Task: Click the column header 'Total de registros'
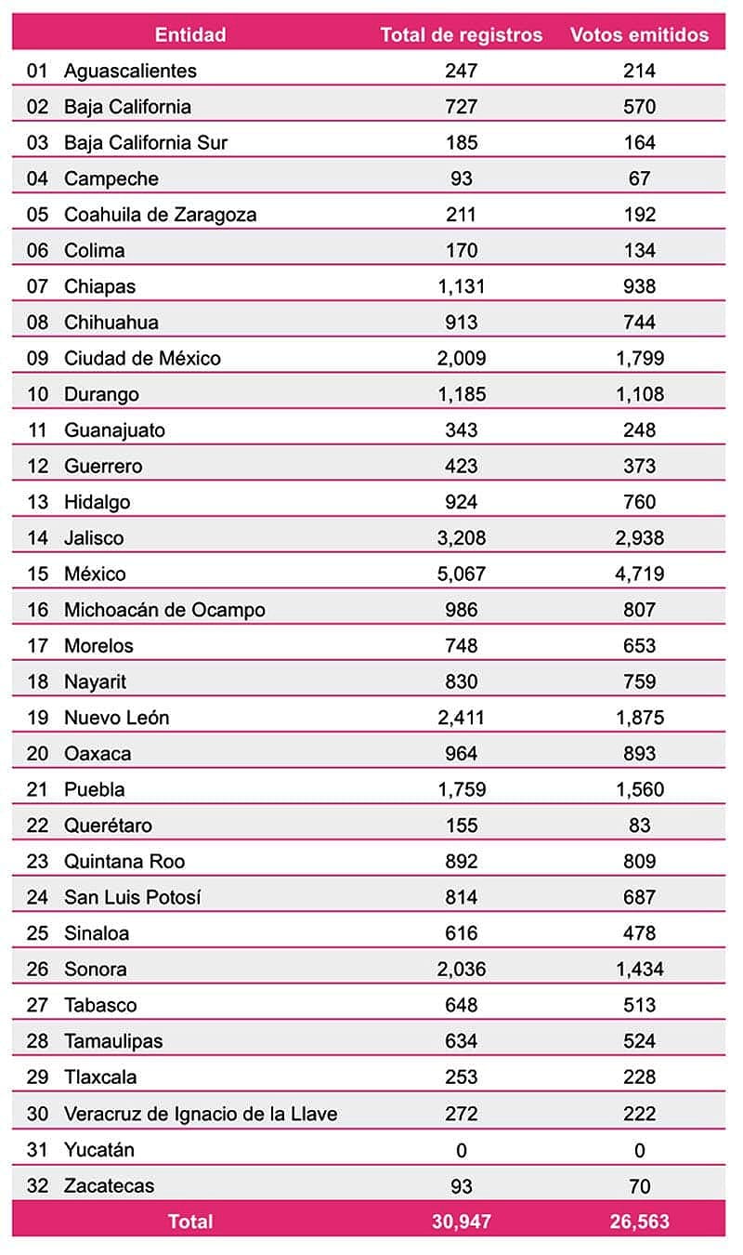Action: click(x=461, y=35)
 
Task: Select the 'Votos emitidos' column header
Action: click(x=639, y=35)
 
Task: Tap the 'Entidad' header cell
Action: click(x=190, y=35)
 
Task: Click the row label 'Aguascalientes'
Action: click(x=130, y=71)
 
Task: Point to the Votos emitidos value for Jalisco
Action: click(x=639, y=537)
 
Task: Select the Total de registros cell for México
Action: click(x=461, y=574)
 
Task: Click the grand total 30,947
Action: click(x=461, y=1222)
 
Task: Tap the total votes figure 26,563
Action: click(x=639, y=1222)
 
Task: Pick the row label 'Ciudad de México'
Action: click(x=142, y=358)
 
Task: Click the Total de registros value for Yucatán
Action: click(x=461, y=1150)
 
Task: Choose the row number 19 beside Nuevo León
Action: click(x=37, y=718)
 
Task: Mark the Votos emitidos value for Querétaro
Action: click(x=639, y=826)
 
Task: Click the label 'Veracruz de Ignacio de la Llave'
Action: click(x=200, y=1114)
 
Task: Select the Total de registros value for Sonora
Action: click(x=461, y=970)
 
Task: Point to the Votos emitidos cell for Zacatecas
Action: click(x=639, y=1186)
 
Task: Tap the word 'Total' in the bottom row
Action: click(x=190, y=1222)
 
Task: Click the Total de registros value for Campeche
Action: click(x=461, y=178)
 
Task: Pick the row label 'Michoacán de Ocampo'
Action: click(x=164, y=610)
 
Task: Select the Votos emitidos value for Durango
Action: click(x=639, y=394)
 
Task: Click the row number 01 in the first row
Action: click(x=37, y=71)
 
